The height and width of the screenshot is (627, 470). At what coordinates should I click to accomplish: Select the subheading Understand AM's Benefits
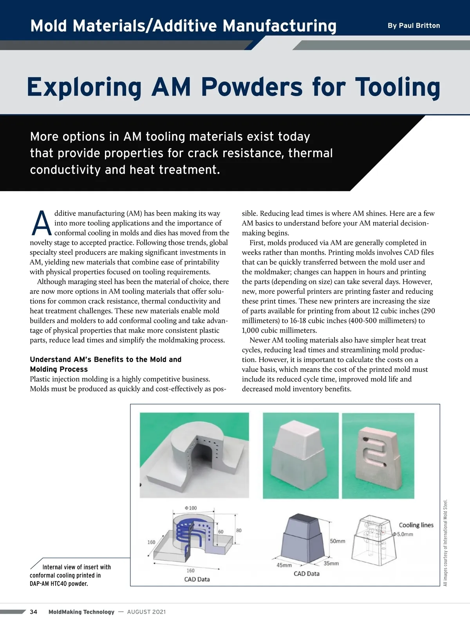click(x=105, y=359)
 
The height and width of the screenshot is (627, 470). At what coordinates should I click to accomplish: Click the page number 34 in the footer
click(x=34, y=612)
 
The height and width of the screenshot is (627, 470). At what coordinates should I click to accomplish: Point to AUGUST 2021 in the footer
click(x=146, y=612)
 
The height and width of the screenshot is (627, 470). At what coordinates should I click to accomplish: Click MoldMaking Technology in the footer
click(x=81, y=612)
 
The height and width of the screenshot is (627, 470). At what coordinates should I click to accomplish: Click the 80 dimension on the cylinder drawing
click(x=239, y=530)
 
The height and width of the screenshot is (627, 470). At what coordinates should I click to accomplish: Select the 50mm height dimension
click(x=337, y=541)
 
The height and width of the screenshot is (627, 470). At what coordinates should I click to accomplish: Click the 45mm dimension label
click(x=284, y=565)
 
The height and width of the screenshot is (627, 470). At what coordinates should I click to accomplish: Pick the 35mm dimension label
click(x=331, y=563)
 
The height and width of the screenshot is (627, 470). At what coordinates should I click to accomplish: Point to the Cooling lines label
click(x=416, y=525)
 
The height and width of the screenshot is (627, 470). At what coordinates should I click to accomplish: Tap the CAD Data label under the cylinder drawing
click(x=197, y=579)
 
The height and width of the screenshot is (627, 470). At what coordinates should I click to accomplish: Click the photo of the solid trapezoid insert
click(x=300, y=455)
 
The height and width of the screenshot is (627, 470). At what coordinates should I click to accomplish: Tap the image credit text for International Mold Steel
click(x=445, y=543)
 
